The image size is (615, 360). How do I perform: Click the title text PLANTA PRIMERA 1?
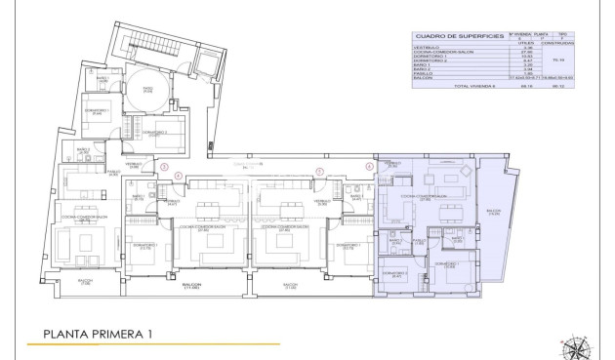98,335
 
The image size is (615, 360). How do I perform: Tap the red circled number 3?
164,167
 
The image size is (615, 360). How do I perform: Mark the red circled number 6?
369,167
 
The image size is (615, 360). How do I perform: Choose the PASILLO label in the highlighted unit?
418,240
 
